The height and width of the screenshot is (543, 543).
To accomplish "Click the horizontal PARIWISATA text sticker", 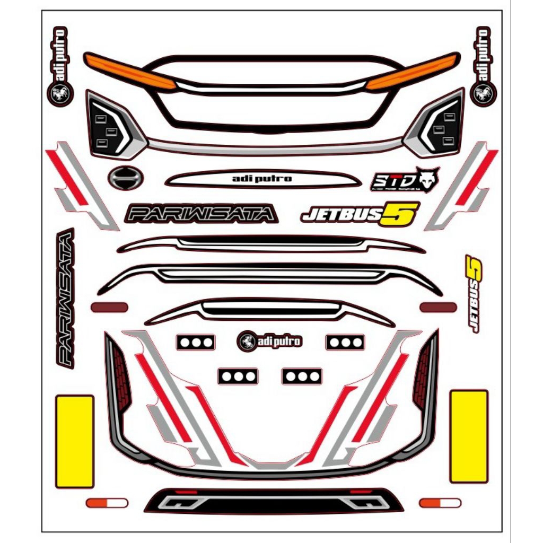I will click(x=201, y=214).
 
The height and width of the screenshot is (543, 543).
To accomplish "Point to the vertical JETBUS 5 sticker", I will click(x=474, y=293).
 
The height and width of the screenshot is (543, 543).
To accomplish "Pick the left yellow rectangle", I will click(x=75, y=441).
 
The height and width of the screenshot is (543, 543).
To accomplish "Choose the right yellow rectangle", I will click(x=469, y=436).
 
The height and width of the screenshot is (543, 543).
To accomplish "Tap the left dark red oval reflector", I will click(x=109, y=307).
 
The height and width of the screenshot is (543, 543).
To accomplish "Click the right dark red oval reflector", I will click(x=438, y=307).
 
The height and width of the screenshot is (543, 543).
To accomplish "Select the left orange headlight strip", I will click(x=130, y=71).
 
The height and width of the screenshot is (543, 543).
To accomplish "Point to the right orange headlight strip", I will click(x=413, y=71).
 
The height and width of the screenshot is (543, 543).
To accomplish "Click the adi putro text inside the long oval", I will click(x=262, y=179).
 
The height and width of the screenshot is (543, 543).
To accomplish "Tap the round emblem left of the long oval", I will click(x=123, y=177).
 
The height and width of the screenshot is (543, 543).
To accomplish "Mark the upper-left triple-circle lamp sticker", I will click(x=196, y=342).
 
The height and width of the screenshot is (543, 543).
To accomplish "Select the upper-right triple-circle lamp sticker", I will click(x=345, y=342).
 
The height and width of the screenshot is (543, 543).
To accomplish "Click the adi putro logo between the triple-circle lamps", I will click(x=270, y=341).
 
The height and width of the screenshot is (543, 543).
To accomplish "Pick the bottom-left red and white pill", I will click(x=107, y=503).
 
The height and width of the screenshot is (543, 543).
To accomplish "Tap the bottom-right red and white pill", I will click(x=440, y=503).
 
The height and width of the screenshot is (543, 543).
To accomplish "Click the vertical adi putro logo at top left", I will click(x=60, y=66).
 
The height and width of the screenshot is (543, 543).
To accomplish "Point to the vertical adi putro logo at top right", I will click(x=483, y=66).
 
